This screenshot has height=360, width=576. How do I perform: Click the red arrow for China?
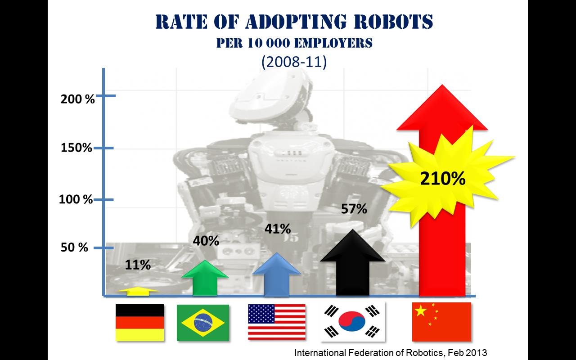pyautogui.click(x=442, y=252)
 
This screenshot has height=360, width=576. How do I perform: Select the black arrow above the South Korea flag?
pyautogui.click(x=353, y=270)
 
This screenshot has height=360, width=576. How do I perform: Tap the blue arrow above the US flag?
pyautogui.click(x=276, y=277)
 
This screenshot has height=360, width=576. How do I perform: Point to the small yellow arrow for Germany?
pyautogui.click(x=138, y=291)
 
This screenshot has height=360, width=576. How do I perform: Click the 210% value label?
pyautogui.click(x=442, y=179)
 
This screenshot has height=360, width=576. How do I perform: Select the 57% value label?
pyautogui.click(x=354, y=209)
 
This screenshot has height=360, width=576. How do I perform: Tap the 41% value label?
pyautogui.click(x=278, y=229)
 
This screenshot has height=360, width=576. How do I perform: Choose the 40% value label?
pyautogui.click(x=206, y=241)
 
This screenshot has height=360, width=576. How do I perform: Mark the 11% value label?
pyautogui.click(x=138, y=265)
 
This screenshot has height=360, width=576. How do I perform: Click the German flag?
pyautogui.click(x=139, y=322)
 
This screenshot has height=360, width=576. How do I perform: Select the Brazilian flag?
pyautogui.click(x=203, y=323)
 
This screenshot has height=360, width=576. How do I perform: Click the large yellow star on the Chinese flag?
pyautogui.click(x=421, y=310)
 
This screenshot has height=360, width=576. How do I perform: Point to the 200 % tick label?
pyautogui.click(x=78, y=99)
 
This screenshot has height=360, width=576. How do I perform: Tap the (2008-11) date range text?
pyautogui.click(x=294, y=62)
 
